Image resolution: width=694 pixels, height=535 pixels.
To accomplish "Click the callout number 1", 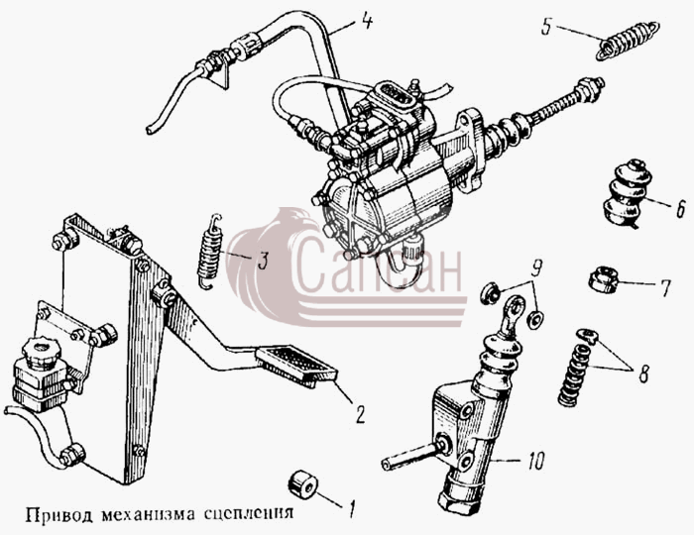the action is point(351,509).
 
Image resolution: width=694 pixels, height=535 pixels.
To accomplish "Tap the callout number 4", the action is point(367,21).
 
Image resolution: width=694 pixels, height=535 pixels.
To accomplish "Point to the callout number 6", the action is point(680,210).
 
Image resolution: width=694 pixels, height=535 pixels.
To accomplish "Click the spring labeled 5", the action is point(628,42).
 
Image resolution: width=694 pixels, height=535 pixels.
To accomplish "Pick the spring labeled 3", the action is point(209,252).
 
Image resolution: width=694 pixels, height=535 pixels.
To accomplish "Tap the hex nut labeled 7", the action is point(603,279).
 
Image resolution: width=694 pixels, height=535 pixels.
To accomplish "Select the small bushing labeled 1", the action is point(302,483).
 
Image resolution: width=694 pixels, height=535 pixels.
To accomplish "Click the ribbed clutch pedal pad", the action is point(295,367).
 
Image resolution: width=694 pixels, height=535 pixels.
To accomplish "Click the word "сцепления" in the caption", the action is point(249,514).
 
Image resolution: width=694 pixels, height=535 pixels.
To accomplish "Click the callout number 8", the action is point(643,374).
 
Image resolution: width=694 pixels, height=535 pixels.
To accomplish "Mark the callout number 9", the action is point(537,268).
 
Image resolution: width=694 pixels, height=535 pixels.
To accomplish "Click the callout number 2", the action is point(361,415).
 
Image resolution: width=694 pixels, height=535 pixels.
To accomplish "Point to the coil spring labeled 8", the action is point(574,374).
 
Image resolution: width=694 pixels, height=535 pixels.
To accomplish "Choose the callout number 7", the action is point(666,287).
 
